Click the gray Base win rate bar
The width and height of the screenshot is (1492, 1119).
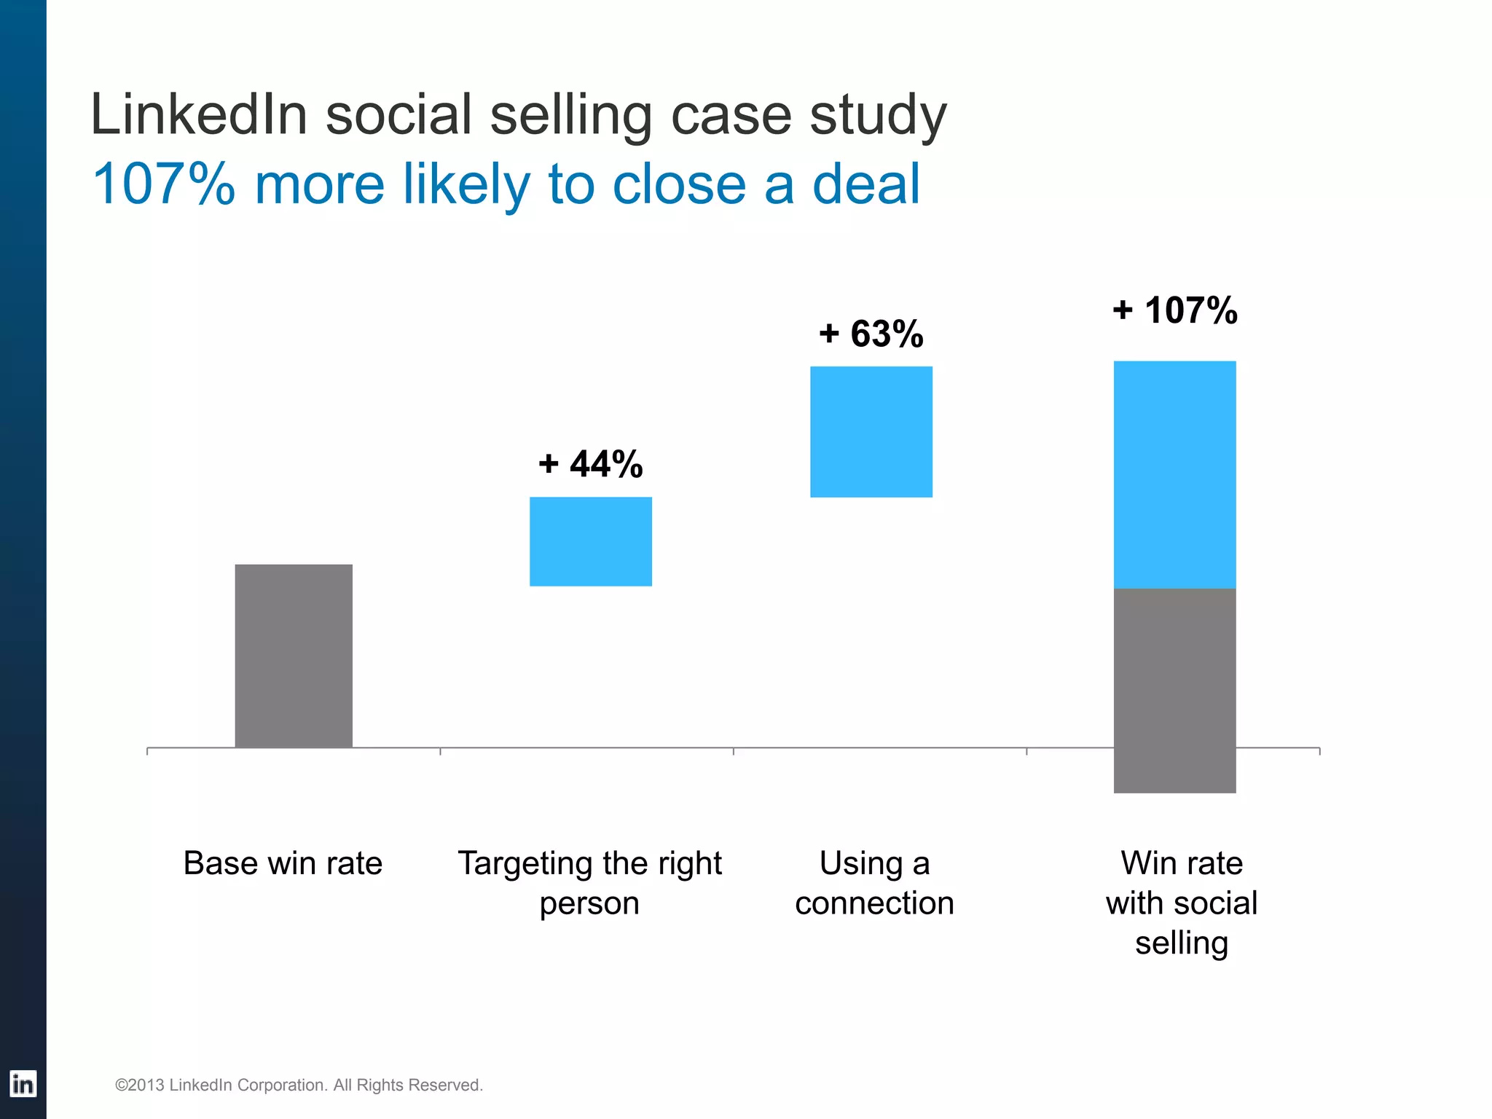click(294, 656)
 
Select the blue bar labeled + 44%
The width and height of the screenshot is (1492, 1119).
click(590, 541)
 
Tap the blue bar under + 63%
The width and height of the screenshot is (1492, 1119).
click(871, 431)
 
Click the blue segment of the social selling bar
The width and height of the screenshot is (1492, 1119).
click(1174, 474)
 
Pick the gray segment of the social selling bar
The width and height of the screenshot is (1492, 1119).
click(1174, 690)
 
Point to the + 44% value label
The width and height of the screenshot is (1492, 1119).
click(590, 464)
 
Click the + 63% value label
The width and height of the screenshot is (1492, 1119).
click(871, 334)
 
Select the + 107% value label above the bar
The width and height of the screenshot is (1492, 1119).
click(1174, 310)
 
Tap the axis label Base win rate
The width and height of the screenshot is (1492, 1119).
click(283, 863)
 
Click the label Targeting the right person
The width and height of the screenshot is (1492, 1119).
click(589, 883)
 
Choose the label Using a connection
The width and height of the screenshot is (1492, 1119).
click(874, 883)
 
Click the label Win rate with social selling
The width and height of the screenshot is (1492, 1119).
click(1181, 903)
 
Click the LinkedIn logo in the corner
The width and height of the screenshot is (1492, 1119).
click(23, 1084)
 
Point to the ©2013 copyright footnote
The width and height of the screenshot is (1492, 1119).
click(299, 1085)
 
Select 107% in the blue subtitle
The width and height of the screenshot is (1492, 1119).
click(164, 184)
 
